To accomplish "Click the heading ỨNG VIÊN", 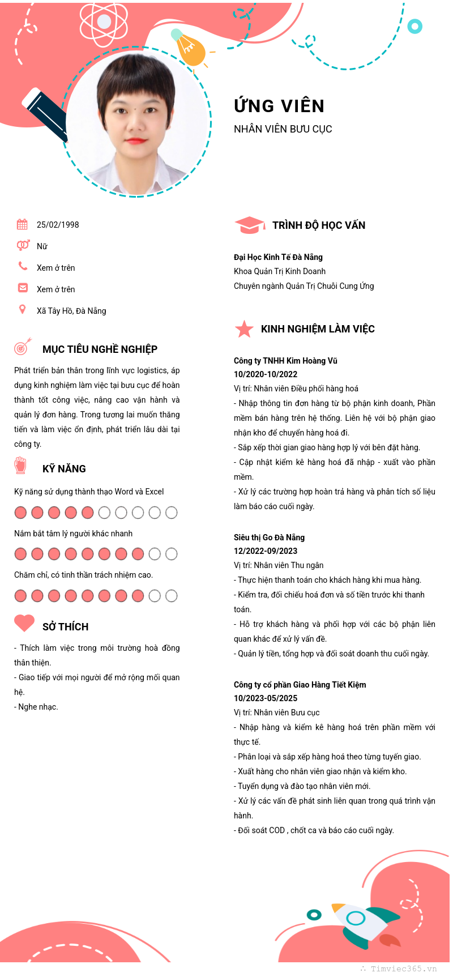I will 279,106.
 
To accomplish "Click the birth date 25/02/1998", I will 58,225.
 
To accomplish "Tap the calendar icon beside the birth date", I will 22,224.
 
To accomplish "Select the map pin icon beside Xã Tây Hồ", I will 22,309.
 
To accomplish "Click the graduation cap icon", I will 249,225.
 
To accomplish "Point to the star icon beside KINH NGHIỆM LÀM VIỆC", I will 244,328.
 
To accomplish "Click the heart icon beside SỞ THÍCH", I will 24,623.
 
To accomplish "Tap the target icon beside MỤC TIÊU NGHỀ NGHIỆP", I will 22,347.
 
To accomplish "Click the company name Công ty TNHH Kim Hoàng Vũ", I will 285,361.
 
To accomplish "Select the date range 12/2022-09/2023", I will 266,551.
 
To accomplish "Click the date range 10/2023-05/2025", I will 266,698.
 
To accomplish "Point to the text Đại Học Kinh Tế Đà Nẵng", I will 278,257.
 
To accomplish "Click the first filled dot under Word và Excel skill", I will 20,513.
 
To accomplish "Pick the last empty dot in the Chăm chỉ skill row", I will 172,596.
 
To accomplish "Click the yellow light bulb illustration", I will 190,50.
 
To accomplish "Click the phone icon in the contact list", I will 23,266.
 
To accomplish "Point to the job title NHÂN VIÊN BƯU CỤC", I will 283,129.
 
